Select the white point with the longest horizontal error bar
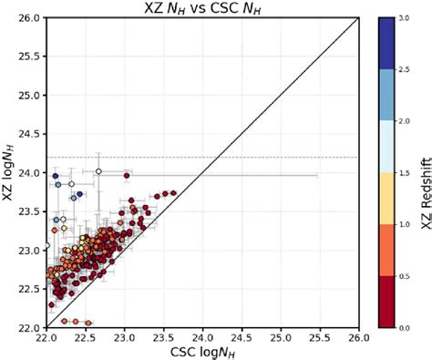(98, 171)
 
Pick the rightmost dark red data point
(173, 192)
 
